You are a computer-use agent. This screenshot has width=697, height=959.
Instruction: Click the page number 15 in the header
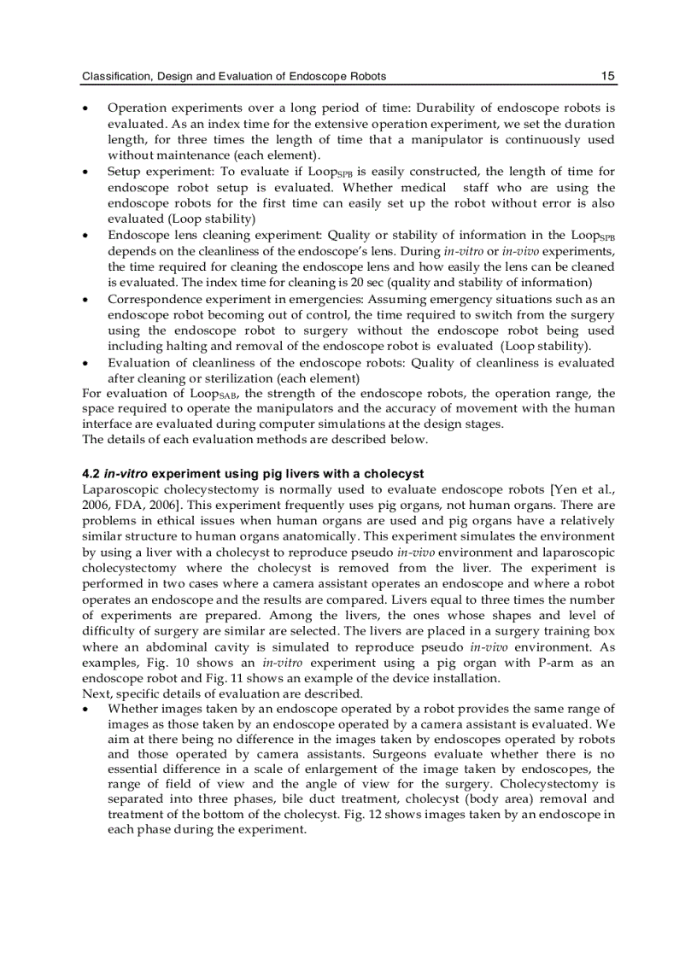[607, 76]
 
